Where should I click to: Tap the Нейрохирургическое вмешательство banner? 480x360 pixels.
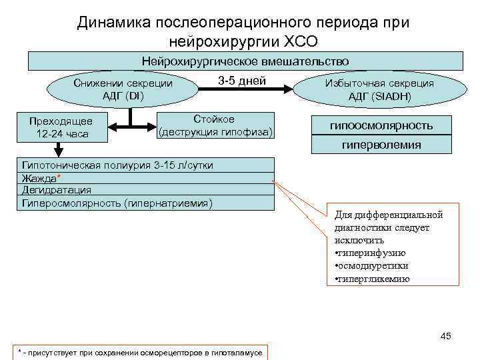[245, 61]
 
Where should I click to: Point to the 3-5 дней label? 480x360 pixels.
[242, 81]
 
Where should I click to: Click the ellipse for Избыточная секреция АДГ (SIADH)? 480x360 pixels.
[379, 89]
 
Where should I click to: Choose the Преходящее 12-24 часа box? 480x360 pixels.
[60, 127]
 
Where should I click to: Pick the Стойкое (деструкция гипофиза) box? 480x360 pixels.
[215, 125]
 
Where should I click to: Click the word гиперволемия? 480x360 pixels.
[381, 144]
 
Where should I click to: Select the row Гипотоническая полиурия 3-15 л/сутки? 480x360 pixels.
[117, 165]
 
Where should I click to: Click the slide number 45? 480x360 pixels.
[446, 336]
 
